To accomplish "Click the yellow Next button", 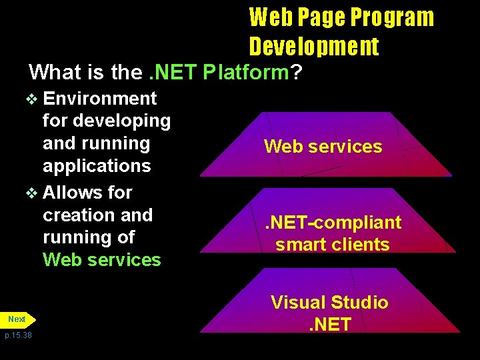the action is click(x=18, y=319).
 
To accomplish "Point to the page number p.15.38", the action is click(x=18, y=335).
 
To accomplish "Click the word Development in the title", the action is click(x=314, y=47).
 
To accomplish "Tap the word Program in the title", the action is click(x=391, y=17).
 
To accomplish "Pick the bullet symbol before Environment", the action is click(x=31, y=99).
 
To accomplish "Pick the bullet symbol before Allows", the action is click(x=31, y=193).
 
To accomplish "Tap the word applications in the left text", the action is click(x=97, y=165).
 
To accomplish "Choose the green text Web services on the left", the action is click(x=102, y=259).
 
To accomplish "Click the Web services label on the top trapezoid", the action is click(x=323, y=147).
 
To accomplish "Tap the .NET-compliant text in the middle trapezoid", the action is click(x=333, y=222).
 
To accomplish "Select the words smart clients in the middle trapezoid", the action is click(x=332, y=245).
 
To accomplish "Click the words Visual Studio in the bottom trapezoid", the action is click(x=329, y=303).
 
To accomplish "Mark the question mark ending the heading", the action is click(x=295, y=71).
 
